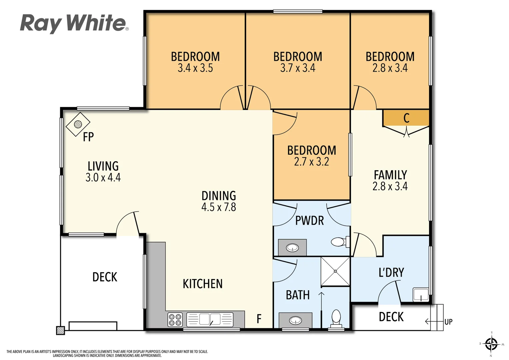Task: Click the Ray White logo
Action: tap(74, 23)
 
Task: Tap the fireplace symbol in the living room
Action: tap(78, 124)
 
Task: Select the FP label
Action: tap(88, 137)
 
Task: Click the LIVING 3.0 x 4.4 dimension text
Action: tap(103, 177)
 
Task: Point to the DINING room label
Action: tap(219, 196)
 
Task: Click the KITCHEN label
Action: tap(203, 284)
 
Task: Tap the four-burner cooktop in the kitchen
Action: tap(175, 320)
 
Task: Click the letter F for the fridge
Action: tap(259, 319)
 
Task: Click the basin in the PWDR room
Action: tap(292, 248)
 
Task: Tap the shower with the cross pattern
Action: tap(335, 271)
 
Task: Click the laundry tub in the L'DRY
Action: tap(421, 295)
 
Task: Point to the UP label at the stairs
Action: tap(448, 322)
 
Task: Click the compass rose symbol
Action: tap(491, 344)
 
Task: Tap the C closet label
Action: tap(406, 118)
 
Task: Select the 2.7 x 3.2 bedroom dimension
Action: tap(311, 162)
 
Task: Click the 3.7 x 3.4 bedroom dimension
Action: tap(298, 68)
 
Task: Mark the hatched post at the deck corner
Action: tap(60, 330)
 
